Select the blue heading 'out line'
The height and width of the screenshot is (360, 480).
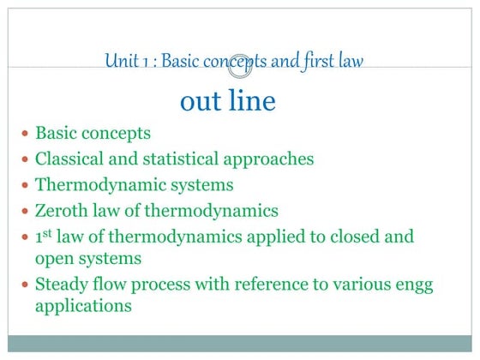click(228, 101)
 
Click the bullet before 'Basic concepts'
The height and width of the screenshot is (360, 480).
click(26, 135)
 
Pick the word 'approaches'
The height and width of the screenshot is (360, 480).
click(266, 160)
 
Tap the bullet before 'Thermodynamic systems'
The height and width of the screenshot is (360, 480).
click(26, 185)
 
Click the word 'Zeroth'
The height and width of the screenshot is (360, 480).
click(63, 210)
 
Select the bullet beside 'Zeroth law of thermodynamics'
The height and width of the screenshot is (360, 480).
click(26, 211)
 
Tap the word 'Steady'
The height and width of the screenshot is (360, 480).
click(61, 283)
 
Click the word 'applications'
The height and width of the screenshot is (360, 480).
click(83, 305)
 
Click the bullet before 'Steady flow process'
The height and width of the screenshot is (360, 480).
click(26, 284)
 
